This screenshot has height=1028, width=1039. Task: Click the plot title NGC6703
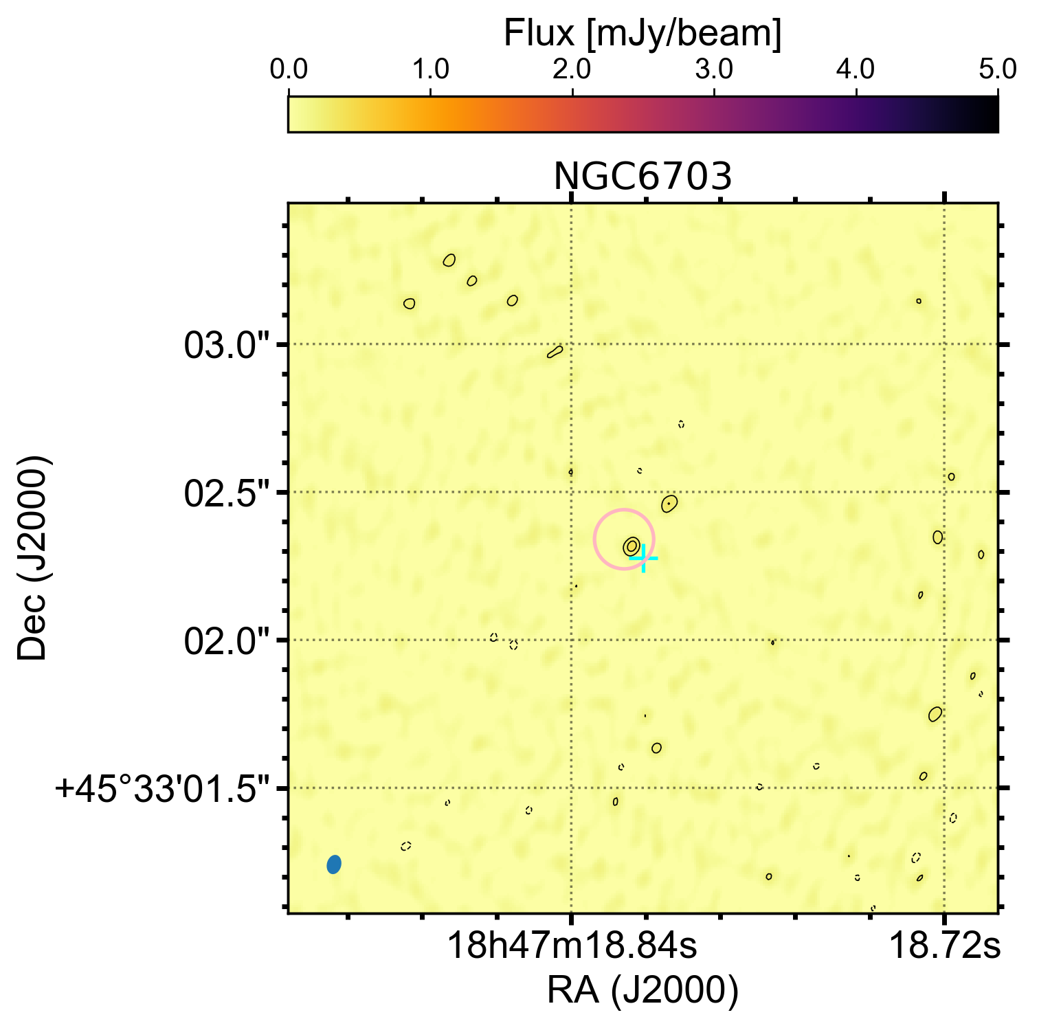(643, 177)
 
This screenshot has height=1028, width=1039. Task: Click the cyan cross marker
(643, 559)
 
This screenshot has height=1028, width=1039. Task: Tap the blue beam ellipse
(334, 864)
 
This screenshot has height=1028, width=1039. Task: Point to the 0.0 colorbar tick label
(289, 70)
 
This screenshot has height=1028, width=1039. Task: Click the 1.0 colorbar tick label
(430, 70)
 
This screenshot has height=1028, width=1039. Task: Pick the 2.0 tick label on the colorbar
(572, 70)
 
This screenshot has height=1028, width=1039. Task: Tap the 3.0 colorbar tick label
(714, 70)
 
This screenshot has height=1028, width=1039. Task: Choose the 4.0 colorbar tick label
(856, 70)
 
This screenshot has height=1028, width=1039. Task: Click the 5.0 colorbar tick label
(997, 70)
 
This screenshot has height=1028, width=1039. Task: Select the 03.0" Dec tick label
(227, 345)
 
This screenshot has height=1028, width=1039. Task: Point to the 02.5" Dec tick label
(227, 493)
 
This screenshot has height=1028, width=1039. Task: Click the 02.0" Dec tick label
(227, 641)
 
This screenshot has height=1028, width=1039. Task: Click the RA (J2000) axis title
(643, 990)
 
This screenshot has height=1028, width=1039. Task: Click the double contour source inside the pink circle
(632, 546)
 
